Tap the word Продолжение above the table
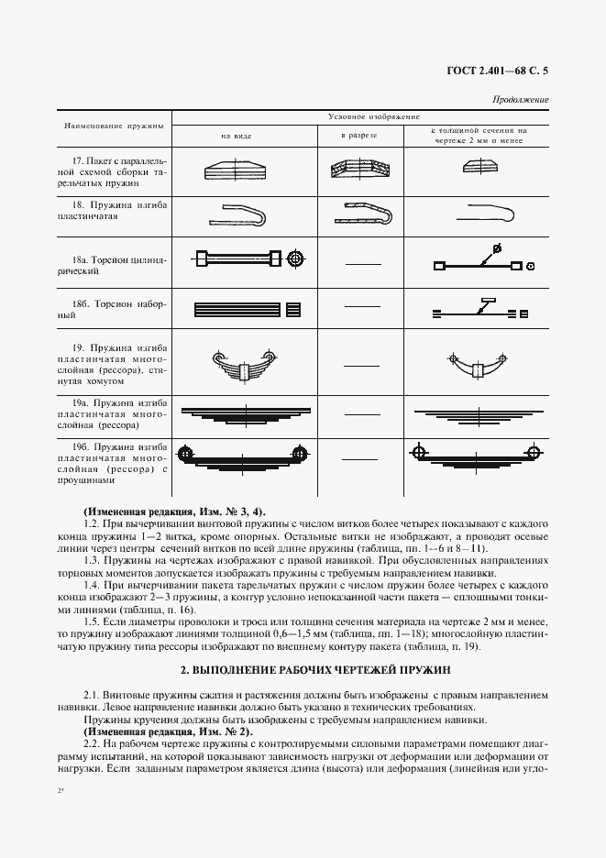(521, 99)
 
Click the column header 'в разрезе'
(358, 136)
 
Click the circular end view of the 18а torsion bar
(295, 259)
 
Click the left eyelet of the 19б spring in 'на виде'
(186, 452)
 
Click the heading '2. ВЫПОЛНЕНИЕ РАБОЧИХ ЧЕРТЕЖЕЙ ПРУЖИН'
(303, 671)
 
